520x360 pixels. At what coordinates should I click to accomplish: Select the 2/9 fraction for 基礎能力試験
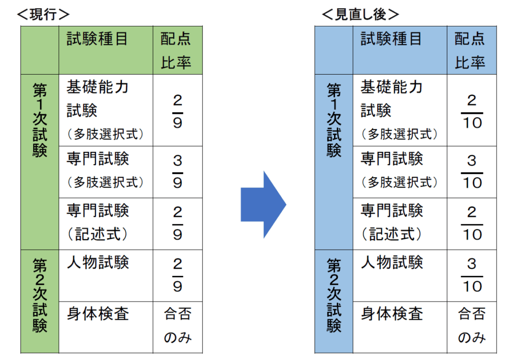177,111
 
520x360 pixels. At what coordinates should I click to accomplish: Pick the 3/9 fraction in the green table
177,172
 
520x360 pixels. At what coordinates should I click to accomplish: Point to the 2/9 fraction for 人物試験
177,275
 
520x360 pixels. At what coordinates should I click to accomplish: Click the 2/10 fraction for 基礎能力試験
472,111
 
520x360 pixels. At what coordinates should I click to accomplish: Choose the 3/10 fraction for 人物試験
472,275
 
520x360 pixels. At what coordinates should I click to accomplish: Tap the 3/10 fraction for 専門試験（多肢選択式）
472,172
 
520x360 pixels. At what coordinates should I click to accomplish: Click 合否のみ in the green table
178,326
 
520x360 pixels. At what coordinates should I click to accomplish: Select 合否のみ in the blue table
472,326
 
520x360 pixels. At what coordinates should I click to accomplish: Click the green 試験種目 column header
97,39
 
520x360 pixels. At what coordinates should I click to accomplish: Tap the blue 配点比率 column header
470,50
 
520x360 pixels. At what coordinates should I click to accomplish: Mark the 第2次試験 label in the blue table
334,296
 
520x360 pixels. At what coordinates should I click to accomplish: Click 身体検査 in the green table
98,314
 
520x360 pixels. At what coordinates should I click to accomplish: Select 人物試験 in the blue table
392,262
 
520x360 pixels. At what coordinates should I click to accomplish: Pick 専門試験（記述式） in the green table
98,222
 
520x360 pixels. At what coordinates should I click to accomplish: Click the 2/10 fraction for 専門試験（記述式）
472,223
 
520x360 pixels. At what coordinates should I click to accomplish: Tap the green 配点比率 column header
176,50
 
